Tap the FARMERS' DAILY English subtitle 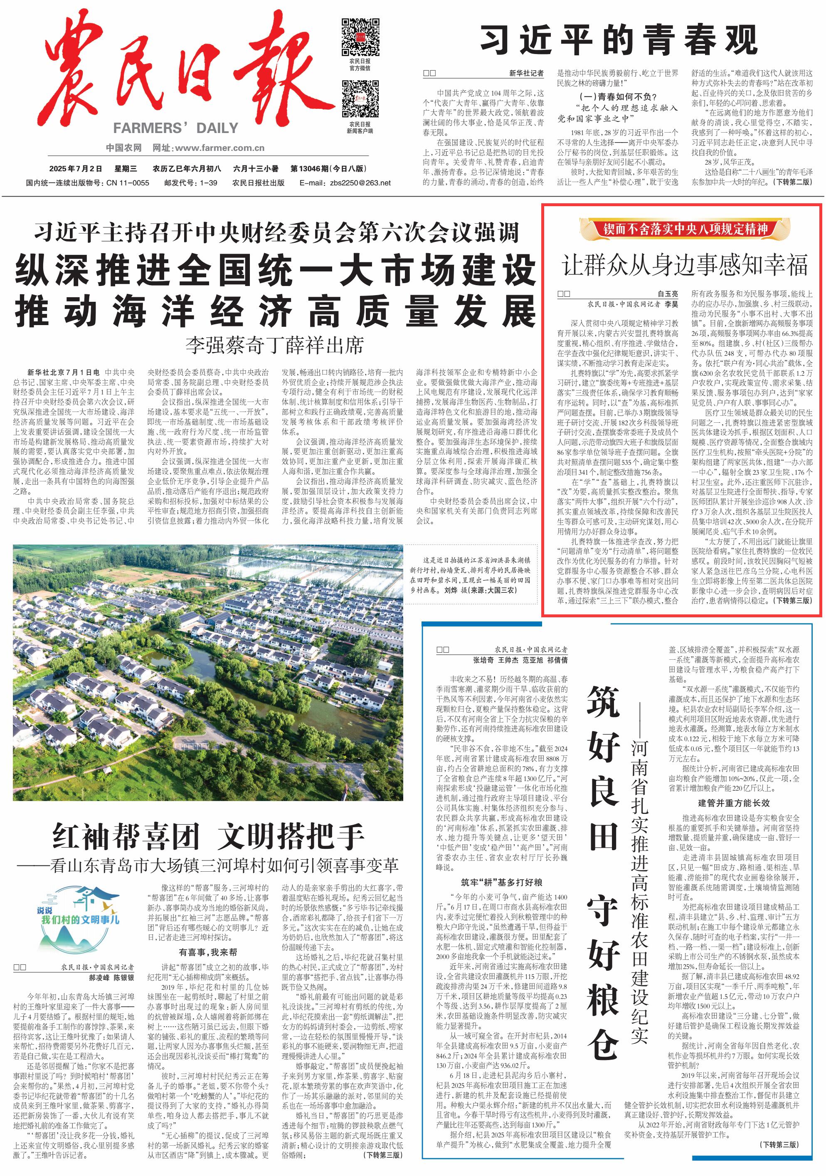(x=176, y=128)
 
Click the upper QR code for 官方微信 (x=360, y=37)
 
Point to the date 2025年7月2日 (x=75, y=168)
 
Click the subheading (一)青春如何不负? (x=618, y=97)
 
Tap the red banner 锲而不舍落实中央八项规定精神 (x=685, y=229)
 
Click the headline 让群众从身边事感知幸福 (x=685, y=264)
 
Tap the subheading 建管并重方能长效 (x=733, y=803)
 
